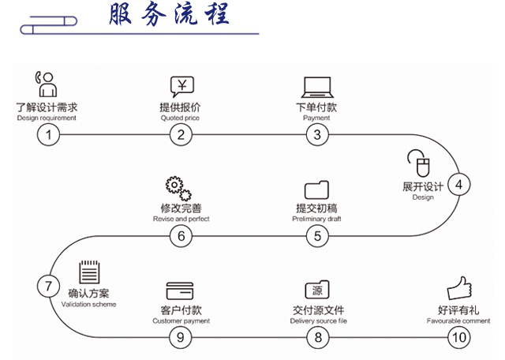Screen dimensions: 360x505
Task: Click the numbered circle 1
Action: [48, 134]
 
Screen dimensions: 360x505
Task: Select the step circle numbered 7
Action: [48, 285]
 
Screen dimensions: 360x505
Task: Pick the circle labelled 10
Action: [458, 338]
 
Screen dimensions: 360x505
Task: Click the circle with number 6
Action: [181, 235]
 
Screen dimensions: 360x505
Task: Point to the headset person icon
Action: [46, 84]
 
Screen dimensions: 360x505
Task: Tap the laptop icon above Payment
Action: [316, 86]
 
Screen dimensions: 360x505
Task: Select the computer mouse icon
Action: [419, 163]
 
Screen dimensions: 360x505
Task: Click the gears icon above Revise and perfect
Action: [178, 190]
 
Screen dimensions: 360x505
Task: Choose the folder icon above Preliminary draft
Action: [316, 190]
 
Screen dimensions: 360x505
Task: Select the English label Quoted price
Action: [180, 118]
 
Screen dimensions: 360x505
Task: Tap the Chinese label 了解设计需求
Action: [47, 107]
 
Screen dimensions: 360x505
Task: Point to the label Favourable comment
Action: [458, 321]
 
